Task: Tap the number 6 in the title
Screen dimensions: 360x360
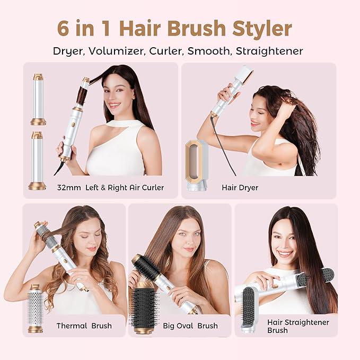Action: [x=64, y=29]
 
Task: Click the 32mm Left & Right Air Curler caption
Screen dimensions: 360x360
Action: [x=110, y=187]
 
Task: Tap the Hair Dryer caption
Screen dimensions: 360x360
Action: [x=240, y=187]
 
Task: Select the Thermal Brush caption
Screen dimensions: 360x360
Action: [x=84, y=326]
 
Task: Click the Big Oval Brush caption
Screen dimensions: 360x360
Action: [x=190, y=326]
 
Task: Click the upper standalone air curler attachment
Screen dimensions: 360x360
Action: [x=38, y=99]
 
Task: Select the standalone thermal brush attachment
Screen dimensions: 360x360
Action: [x=36, y=309]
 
